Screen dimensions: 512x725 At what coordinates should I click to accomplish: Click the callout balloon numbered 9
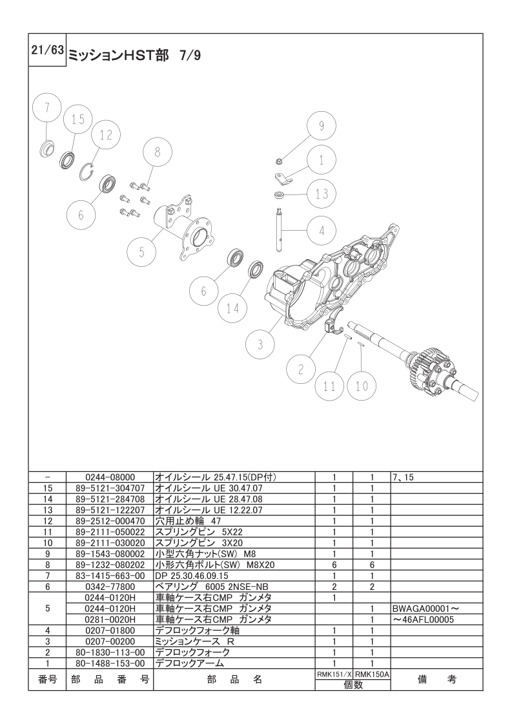(322, 126)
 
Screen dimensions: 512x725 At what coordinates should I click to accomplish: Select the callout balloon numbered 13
(322, 194)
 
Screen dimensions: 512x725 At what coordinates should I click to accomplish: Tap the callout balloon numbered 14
(233, 308)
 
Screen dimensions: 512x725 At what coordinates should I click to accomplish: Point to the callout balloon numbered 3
(260, 344)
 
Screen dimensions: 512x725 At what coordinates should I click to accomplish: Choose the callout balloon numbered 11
(329, 386)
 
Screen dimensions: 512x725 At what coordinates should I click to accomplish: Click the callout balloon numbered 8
(157, 152)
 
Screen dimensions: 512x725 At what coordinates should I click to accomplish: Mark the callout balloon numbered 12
(106, 135)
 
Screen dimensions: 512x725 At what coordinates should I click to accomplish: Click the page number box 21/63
(48, 50)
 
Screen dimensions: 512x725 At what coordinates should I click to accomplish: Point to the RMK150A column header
(372, 675)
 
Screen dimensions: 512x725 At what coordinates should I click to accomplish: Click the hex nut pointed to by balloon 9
(279, 162)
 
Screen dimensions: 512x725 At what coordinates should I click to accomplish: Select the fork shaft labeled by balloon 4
(279, 230)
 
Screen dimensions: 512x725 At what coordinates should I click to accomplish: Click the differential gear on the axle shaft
(425, 370)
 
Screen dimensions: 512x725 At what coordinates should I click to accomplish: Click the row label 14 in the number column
(48, 499)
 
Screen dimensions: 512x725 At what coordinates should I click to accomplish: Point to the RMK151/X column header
(334, 675)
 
